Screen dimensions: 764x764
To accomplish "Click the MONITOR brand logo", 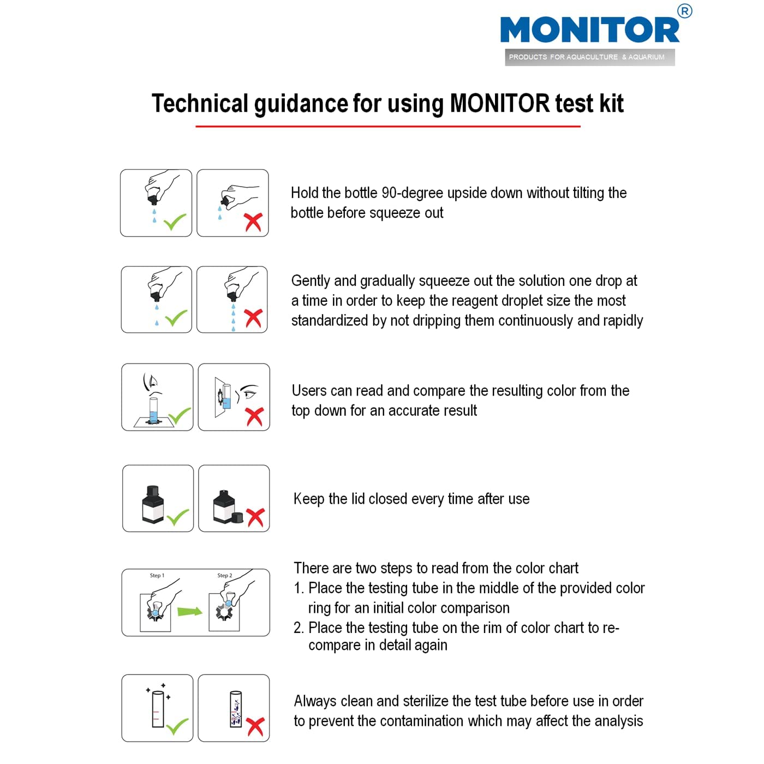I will [x=589, y=30].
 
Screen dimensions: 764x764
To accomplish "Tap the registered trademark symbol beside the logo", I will [x=684, y=11].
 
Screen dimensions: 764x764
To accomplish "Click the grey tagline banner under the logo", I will [x=589, y=57].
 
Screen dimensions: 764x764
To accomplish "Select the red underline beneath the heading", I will [x=387, y=127].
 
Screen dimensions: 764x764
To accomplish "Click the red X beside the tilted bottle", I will [x=253, y=222].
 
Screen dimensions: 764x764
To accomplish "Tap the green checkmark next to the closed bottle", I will [x=177, y=517].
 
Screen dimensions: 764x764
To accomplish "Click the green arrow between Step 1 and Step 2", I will [x=189, y=611].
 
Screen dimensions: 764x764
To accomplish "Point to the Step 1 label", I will [x=157, y=576].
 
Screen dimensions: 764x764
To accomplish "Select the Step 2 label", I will [x=224, y=576].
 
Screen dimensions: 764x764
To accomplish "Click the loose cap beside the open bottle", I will [x=238, y=517].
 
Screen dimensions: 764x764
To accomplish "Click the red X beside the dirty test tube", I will [x=255, y=726].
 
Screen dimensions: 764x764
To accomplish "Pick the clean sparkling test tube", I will [x=158, y=709].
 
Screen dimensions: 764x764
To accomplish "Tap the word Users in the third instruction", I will [x=309, y=391].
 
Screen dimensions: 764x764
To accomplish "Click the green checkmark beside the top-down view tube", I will [x=179, y=416].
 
